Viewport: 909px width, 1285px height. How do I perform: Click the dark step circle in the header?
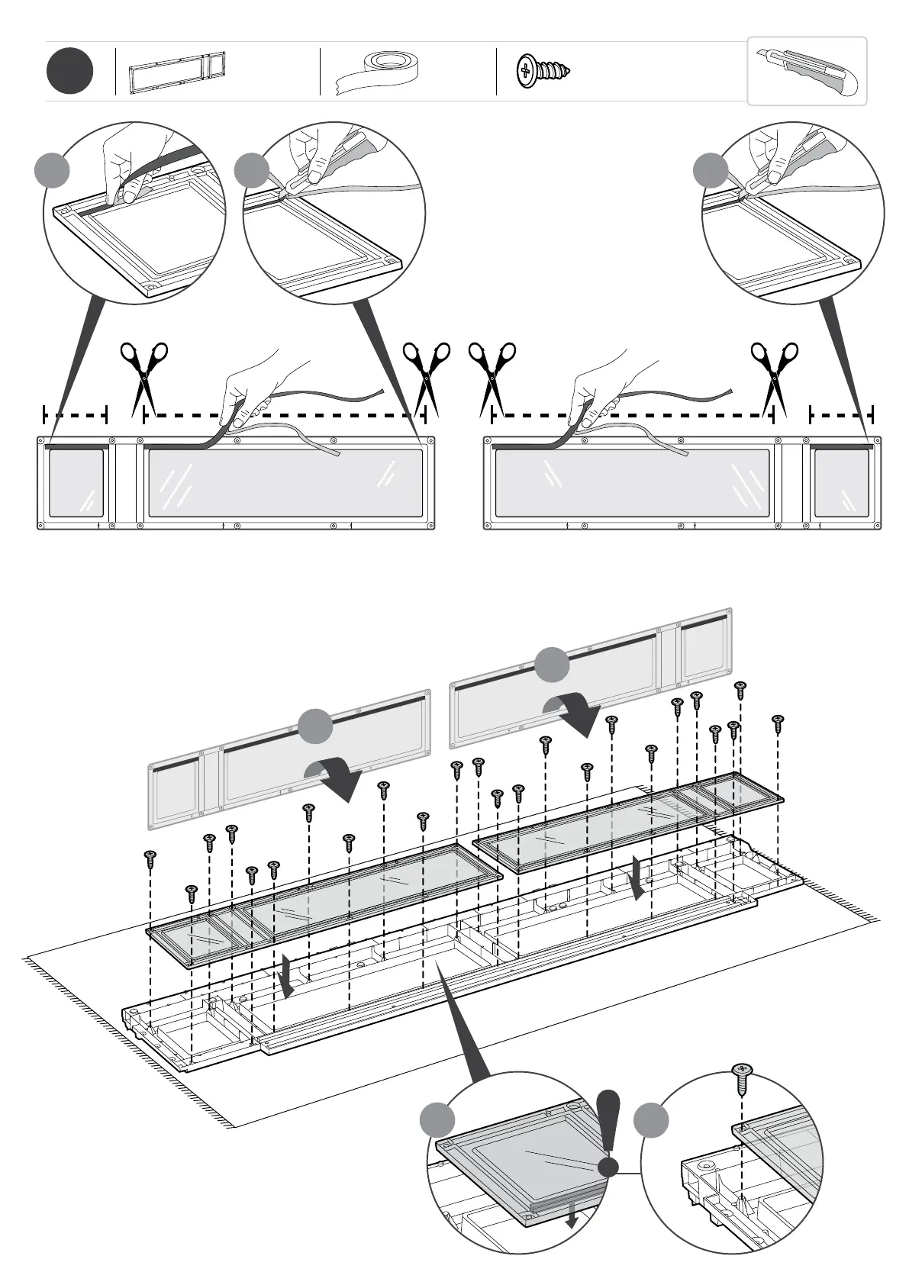[x=69, y=72]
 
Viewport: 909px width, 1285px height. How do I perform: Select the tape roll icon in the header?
[x=379, y=69]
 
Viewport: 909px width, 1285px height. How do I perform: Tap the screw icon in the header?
[x=543, y=70]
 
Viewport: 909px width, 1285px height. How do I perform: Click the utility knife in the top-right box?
[x=809, y=70]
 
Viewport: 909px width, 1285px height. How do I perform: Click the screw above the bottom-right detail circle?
[x=742, y=1077]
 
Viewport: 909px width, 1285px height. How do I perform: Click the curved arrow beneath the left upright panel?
[x=334, y=778]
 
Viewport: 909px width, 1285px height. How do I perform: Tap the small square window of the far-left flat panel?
[x=76, y=483]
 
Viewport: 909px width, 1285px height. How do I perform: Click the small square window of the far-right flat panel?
[x=841, y=483]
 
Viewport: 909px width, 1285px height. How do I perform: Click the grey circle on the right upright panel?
[x=552, y=664]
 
